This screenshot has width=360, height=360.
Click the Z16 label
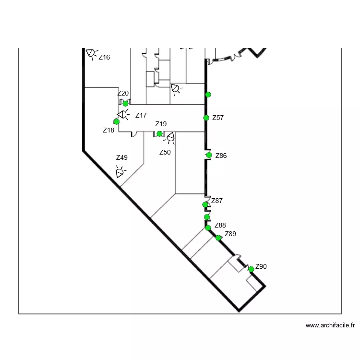pos(104,57)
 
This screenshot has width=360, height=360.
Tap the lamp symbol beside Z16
pos(91,54)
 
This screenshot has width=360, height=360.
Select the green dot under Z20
pos(125,104)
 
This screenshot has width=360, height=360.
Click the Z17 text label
pos(141,115)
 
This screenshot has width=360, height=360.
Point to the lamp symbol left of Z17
pos(123,114)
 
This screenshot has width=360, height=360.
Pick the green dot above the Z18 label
pos(117,122)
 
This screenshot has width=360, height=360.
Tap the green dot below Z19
pos(159,133)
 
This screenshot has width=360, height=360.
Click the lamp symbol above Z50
pos(170,138)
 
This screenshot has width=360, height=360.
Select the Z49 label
pos(122,157)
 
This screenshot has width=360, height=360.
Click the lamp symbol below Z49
pos(120,172)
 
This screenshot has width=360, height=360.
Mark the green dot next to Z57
pos(206,118)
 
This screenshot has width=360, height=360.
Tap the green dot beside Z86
pos(209,155)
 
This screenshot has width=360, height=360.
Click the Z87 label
pos(217,201)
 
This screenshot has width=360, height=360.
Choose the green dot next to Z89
pos(218,238)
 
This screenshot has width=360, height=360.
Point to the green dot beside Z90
pos(251,269)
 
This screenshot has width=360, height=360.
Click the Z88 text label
pos(220,225)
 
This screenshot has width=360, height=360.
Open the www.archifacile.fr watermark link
pos(330,325)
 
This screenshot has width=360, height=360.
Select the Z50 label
pos(165,152)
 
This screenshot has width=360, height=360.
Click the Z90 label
pos(261,266)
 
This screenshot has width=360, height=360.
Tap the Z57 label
pos(218,118)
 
